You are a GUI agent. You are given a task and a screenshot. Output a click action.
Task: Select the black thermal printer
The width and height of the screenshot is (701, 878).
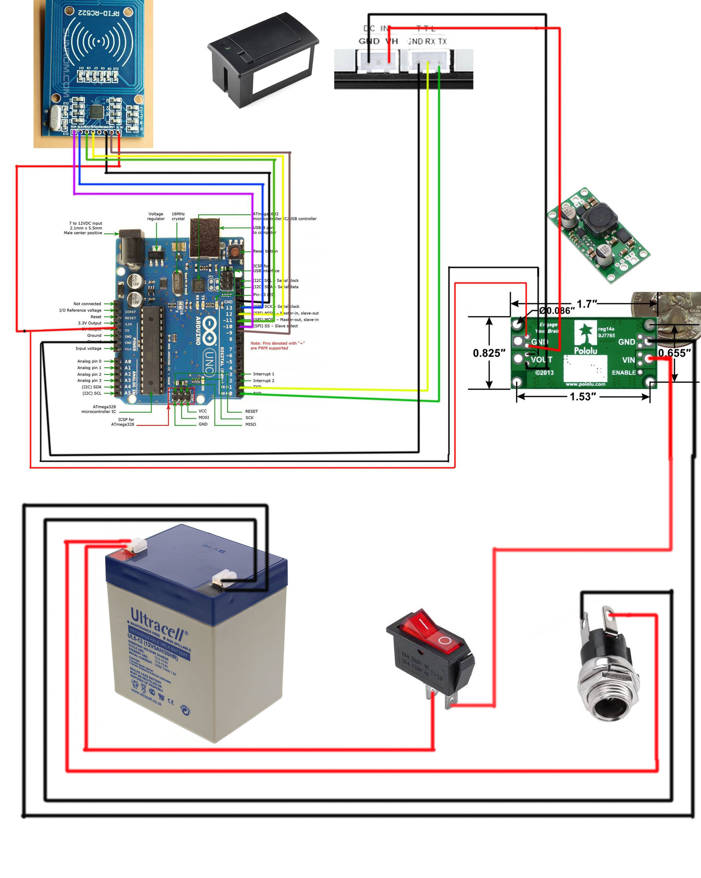tap(263, 59)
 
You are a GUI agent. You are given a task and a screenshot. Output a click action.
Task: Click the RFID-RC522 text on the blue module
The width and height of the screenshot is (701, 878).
tap(99, 13)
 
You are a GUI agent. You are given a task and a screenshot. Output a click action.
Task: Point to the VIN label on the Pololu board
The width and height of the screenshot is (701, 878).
tap(628, 360)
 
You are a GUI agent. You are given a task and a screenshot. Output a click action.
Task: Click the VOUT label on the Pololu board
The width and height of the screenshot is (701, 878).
tap(541, 360)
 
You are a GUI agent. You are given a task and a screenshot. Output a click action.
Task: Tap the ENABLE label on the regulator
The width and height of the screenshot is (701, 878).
tap(624, 373)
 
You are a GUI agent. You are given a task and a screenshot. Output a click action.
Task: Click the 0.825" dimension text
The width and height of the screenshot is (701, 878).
tap(489, 353)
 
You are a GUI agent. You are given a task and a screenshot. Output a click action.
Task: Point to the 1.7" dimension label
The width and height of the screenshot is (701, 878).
tap(587, 304)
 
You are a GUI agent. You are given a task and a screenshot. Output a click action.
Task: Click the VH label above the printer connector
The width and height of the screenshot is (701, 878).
tap(391, 41)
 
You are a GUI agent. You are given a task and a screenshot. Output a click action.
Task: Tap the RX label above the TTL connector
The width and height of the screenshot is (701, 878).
tap(430, 41)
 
